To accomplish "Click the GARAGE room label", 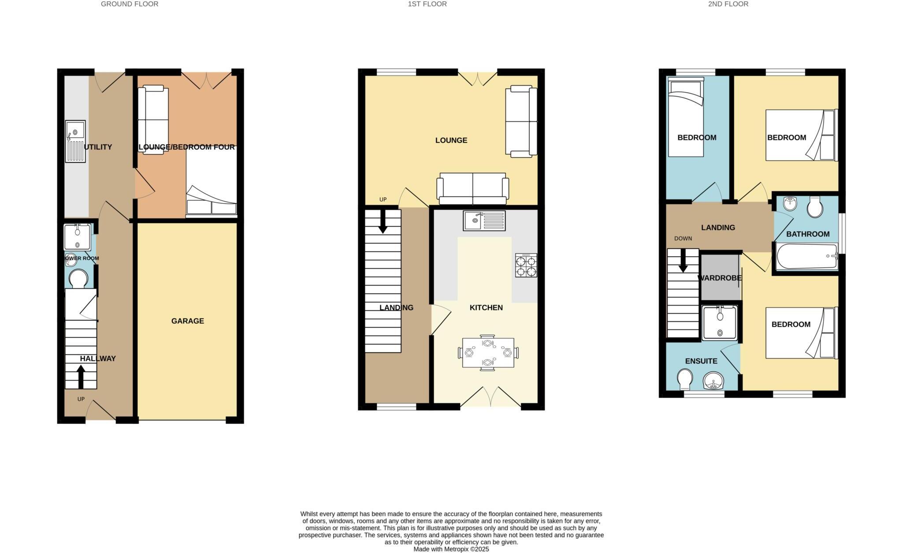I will click(x=187, y=321).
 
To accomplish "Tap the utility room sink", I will click(x=75, y=141).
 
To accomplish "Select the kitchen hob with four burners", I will click(x=526, y=265).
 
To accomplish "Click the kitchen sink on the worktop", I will click(x=484, y=220).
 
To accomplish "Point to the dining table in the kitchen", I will click(x=488, y=353).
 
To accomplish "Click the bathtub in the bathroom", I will click(x=807, y=257).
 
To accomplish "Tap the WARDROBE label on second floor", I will click(x=719, y=278).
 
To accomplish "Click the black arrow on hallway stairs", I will click(x=81, y=377).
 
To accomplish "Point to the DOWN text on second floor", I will click(x=683, y=239).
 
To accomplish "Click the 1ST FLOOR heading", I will click(x=427, y=4).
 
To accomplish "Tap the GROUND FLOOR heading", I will click(x=130, y=4).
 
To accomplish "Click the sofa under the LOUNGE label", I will click(x=472, y=189).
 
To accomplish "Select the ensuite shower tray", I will click(x=720, y=323).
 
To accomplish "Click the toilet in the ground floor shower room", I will click(x=78, y=279).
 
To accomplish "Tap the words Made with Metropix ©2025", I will click(x=451, y=549).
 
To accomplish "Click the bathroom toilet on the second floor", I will click(x=815, y=207).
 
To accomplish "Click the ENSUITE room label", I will click(x=701, y=361).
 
